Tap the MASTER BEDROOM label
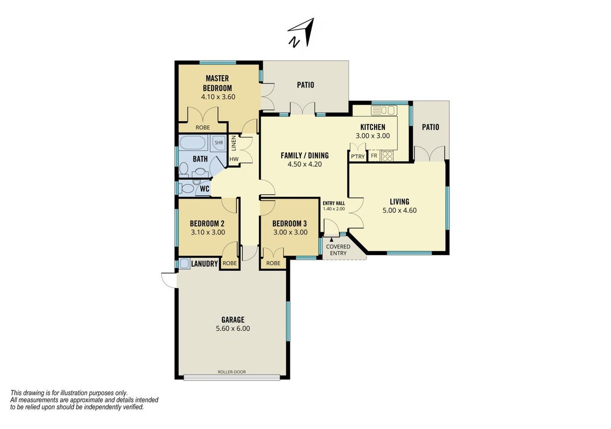coord(218,83)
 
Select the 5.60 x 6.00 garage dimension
coord(233,328)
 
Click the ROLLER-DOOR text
coord(232,372)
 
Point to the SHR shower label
coord(219,143)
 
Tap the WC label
coord(205,189)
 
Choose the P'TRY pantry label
coord(357,157)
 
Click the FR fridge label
coord(374,156)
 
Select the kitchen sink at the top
coord(384,110)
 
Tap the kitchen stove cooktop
coord(387,156)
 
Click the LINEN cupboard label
coord(234,143)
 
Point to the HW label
coord(234,159)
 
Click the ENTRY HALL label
coord(334,203)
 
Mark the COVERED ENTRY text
coord(338,250)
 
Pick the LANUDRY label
coord(204,264)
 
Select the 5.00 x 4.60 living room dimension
coord(399,211)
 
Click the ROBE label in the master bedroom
coord(203,128)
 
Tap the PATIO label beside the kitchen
coord(430,127)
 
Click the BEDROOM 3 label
coord(289,224)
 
